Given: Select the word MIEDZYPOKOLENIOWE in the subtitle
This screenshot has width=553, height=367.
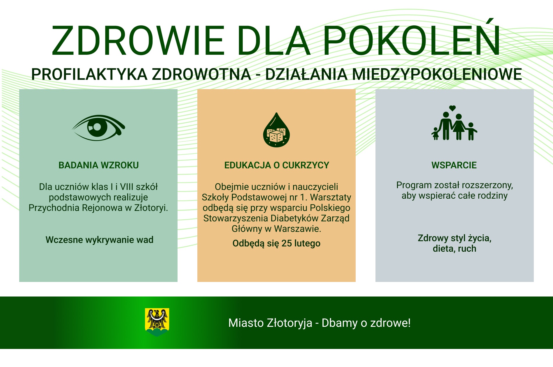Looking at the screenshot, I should pos(437,74).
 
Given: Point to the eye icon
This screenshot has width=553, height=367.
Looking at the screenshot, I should pos(99,128).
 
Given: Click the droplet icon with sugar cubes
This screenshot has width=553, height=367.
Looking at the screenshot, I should pos(276,130).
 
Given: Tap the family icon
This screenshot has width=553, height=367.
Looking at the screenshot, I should pos(454,127).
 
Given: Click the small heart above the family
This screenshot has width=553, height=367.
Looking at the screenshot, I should pos(452,108).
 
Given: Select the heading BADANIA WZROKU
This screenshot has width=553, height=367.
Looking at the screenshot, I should pos(99,165).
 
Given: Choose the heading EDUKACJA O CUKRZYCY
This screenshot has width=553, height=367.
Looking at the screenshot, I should pos(276,165).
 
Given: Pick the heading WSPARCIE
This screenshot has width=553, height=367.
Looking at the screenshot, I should pos(454,165).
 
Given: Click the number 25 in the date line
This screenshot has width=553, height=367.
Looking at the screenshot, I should pos(287,243).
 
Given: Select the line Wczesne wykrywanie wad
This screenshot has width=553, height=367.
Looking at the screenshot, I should pos(99,240).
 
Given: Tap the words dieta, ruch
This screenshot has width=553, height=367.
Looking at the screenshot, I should pos(454,248).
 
